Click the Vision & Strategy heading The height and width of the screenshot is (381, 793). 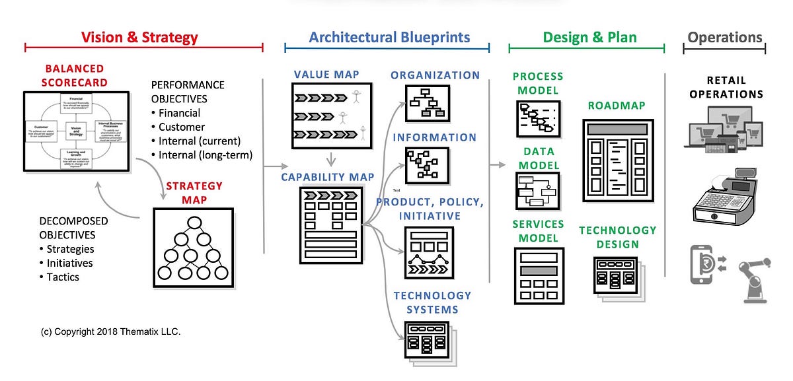(139, 38)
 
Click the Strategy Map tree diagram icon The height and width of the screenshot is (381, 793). (193, 248)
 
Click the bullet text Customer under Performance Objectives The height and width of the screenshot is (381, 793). (182, 127)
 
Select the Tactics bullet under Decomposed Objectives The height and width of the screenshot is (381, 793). (63, 277)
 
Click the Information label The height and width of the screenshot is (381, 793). (434, 137)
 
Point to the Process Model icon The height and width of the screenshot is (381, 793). (537, 119)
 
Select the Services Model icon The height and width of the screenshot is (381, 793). (538, 275)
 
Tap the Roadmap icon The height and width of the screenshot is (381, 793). (618, 160)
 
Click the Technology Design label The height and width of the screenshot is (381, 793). (618, 237)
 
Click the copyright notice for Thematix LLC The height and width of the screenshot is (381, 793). (110, 331)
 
